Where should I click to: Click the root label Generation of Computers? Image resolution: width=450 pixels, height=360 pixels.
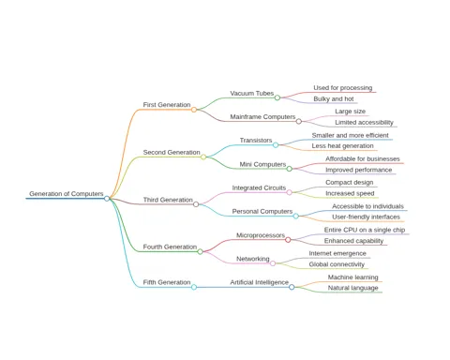(67, 194)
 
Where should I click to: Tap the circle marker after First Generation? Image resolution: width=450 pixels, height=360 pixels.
(194, 110)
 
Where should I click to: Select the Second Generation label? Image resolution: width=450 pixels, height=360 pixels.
(172, 152)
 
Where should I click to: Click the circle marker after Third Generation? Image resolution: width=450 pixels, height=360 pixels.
(196, 204)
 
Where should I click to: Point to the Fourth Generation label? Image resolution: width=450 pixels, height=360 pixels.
(170, 247)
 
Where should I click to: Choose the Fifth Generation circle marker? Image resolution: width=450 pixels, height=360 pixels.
(194, 287)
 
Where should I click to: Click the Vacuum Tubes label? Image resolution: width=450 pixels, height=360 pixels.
(252, 93)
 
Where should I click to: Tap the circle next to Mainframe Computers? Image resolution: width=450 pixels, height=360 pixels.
(299, 121)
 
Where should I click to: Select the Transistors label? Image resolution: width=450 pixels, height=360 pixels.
(256, 141)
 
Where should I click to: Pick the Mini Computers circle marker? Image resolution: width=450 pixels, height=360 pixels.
(290, 169)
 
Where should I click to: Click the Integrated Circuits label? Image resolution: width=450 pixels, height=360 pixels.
(259, 187)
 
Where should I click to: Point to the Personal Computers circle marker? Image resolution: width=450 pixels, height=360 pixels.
(295, 216)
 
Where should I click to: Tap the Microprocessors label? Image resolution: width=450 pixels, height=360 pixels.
(261, 235)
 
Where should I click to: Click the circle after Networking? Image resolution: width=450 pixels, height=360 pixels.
(273, 263)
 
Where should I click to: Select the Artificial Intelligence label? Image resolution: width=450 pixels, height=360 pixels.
(260, 282)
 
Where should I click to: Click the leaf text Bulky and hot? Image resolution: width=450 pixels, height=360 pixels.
(334, 99)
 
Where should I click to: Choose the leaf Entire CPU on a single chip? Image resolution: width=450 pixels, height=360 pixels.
(365, 230)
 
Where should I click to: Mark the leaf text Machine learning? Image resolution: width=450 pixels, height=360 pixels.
(352, 277)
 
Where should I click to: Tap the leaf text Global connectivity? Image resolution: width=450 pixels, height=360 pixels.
(337, 264)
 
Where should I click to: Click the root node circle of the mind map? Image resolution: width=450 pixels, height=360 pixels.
(107, 199)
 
